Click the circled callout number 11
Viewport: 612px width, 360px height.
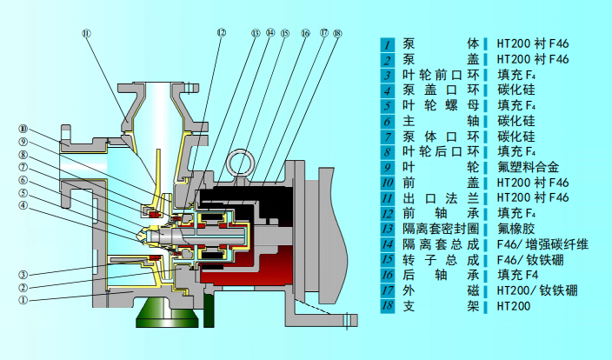click(85, 34)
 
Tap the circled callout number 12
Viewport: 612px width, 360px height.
click(222, 33)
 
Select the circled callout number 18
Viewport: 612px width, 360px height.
click(337, 33)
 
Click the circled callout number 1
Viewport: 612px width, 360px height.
click(23, 298)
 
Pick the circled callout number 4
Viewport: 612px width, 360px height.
click(23, 206)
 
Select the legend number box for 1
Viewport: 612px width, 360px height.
click(388, 43)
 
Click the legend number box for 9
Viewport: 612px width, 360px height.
click(388, 166)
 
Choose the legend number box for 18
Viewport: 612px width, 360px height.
click(388, 306)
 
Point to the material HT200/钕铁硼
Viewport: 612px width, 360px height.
click(536, 290)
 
